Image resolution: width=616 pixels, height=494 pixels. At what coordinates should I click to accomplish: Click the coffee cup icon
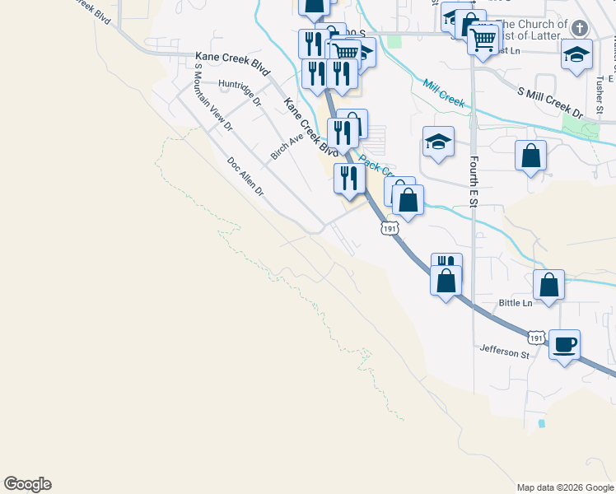564,343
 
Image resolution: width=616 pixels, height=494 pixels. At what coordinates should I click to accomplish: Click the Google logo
27,484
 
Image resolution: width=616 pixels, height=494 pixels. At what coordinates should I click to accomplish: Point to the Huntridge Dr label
240,93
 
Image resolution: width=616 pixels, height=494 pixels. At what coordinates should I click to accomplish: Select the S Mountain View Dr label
212,102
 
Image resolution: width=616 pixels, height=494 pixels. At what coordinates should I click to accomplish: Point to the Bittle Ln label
516,303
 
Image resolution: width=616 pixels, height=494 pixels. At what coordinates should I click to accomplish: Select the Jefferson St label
505,353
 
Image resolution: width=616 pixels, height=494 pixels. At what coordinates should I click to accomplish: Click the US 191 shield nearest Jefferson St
536,338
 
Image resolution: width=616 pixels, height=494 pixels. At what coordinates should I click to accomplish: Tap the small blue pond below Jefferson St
541,424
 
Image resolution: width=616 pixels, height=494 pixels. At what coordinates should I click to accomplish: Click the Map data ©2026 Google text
565,487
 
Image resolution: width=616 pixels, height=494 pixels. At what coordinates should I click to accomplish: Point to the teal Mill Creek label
443,93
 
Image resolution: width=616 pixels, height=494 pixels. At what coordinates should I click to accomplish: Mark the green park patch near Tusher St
570,125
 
